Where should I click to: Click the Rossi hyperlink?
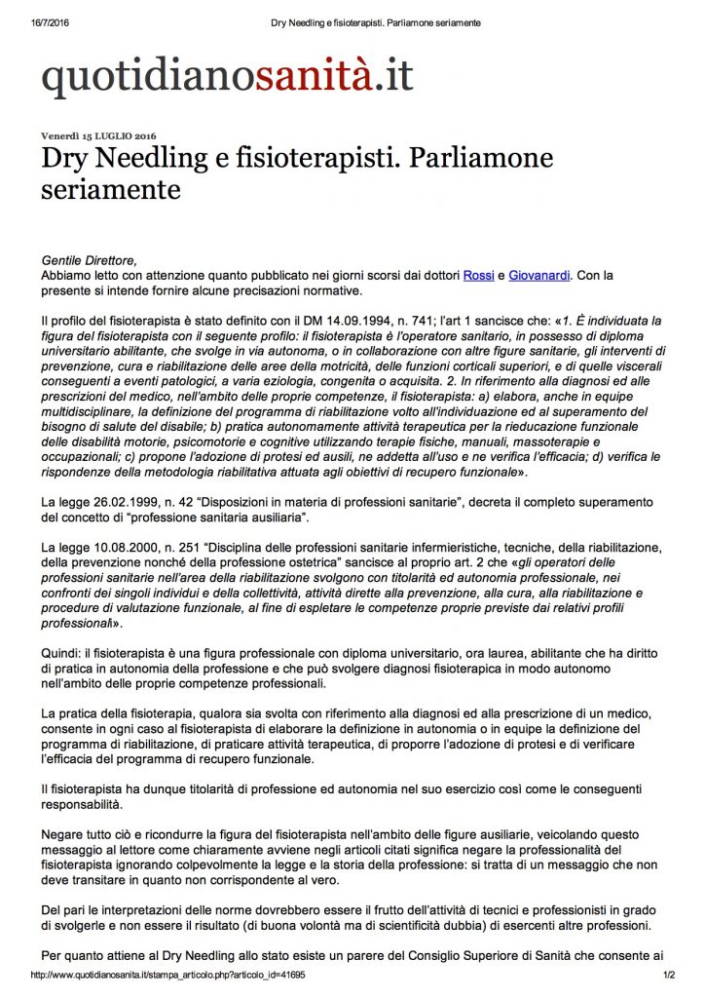(x=478, y=276)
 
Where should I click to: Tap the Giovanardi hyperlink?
(x=539, y=276)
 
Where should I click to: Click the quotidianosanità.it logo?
(x=227, y=78)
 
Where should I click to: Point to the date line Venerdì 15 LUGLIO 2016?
(x=98, y=135)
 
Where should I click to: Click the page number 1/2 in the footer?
(x=669, y=975)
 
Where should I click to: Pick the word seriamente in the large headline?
(x=111, y=190)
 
